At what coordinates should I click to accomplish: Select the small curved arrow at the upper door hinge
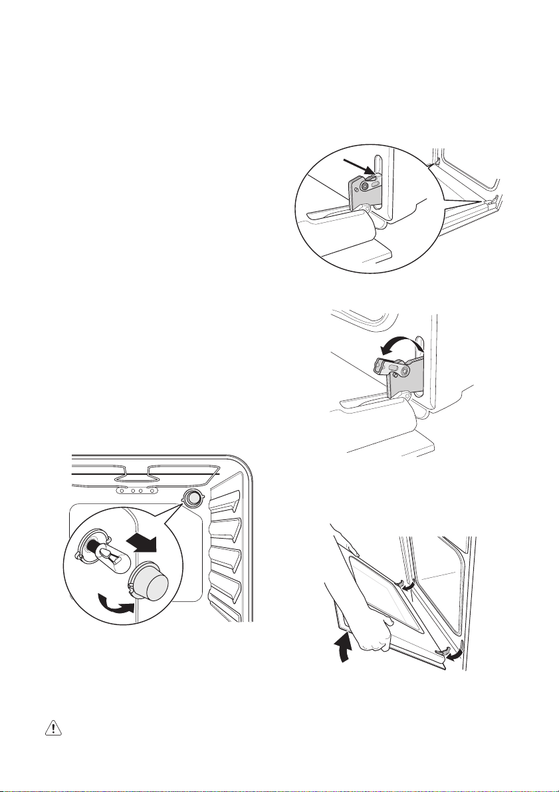411,585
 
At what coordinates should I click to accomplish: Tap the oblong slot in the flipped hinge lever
394,366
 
